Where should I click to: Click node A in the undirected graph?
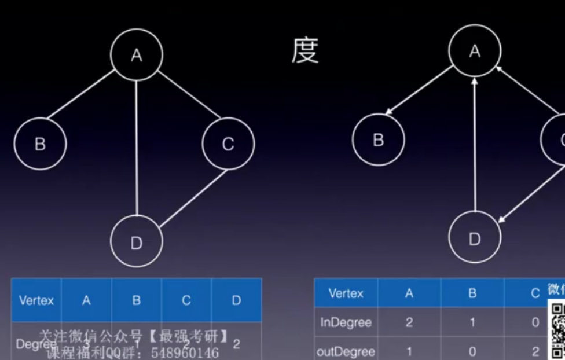click(x=137, y=55)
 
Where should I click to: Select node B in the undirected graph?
click(x=40, y=144)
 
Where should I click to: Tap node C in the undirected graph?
click(x=228, y=144)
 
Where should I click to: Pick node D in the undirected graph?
click(x=137, y=243)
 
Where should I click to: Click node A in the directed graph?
click(x=475, y=52)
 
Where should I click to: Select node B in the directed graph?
click(x=379, y=140)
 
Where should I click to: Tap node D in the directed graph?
click(x=475, y=239)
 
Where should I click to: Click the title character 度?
click(x=305, y=52)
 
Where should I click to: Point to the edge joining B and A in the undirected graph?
click(x=81, y=95)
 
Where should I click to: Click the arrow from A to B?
click(x=419, y=90)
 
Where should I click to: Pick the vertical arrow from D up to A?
click(x=475, y=145)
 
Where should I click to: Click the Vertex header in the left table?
click(x=36, y=300)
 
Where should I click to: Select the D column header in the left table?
click(x=236, y=300)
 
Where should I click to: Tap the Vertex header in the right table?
click(x=346, y=293)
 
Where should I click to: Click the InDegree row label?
click(x=346, y=322)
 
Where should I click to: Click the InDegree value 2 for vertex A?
click(x=409, y=322)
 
